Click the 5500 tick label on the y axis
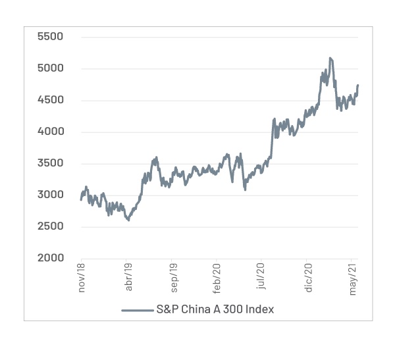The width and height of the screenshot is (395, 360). click(x=49, y=36)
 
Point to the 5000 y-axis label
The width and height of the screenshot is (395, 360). click(x=49, y=68)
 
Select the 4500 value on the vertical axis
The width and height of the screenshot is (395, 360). click(x=49, y=99)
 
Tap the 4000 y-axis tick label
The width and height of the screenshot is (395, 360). click(x=49, y=131)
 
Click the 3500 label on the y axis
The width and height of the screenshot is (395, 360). click(x=49, y=163)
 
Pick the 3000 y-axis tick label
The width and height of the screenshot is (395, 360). click(x=49, y=194)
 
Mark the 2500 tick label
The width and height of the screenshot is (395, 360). click(x=49, y=226)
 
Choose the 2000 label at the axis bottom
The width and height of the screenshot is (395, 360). click(x=49, y=257)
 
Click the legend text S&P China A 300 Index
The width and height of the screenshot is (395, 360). click(x=215, y=309)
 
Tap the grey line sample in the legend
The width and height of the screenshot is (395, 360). click(x=136, y=310)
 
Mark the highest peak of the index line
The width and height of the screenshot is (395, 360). click(x=330, y=58)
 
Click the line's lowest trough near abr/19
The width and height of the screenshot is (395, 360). click(x=128, y=220)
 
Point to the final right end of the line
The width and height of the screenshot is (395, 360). click(x=358, y=85)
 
